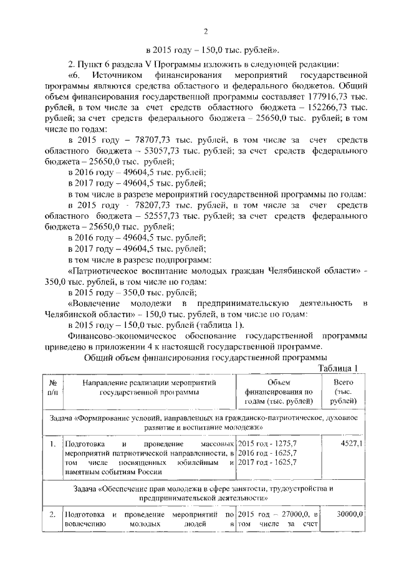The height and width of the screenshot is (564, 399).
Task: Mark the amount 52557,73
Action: click(x=147, y=216)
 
